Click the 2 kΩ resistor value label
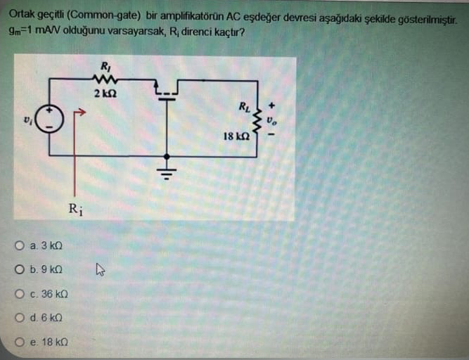coord(105,93)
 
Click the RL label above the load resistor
coord(243,108)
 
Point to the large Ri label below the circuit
coord(75,208)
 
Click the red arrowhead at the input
coord(79,110)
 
